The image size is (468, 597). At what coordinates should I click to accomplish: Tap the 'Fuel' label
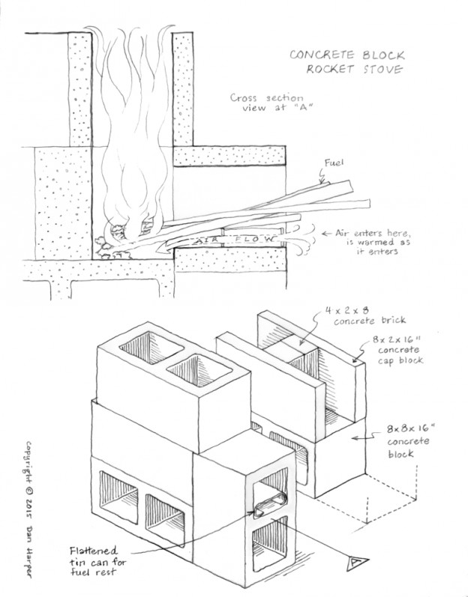pos(334,161)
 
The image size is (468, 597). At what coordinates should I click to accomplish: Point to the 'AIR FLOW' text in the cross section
pos(224,240)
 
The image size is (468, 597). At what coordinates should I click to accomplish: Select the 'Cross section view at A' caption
pos(267,106)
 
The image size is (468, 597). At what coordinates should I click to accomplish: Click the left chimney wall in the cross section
pos(80,90)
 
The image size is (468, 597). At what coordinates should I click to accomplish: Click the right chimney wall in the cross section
pos(184,90)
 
